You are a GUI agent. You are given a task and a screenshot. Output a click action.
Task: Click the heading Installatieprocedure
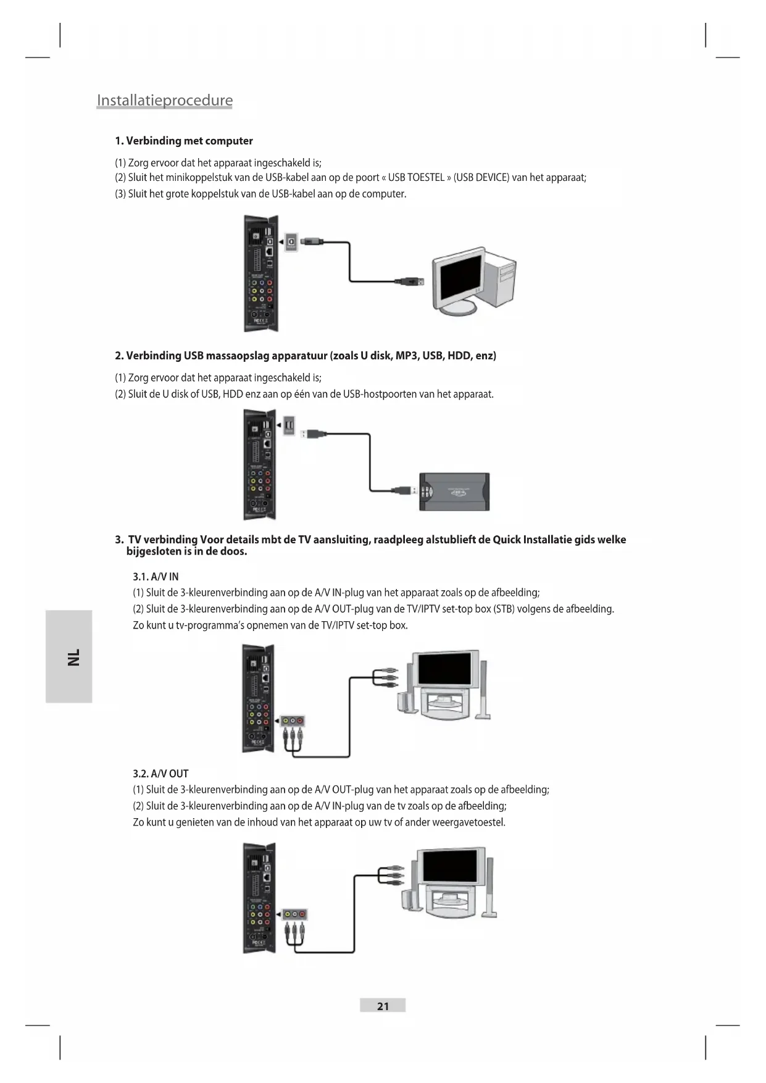165,101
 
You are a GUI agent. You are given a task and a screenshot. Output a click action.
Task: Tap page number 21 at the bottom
383,1006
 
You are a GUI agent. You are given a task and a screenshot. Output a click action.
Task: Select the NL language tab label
73,656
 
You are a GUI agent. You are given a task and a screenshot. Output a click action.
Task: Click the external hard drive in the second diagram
454,491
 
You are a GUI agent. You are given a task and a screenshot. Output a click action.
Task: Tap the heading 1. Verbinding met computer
184,141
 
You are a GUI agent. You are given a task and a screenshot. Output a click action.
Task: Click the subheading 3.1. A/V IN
156,577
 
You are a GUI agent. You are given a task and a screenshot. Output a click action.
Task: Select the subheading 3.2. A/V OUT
160,774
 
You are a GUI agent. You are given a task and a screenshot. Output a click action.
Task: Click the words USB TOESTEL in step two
416,178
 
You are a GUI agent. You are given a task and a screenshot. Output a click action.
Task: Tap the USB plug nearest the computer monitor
411,282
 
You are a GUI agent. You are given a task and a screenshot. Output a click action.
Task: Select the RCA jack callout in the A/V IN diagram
293,721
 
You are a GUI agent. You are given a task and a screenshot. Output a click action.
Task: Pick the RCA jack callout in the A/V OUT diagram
295,914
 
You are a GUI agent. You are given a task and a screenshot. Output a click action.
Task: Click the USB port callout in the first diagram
291,241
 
